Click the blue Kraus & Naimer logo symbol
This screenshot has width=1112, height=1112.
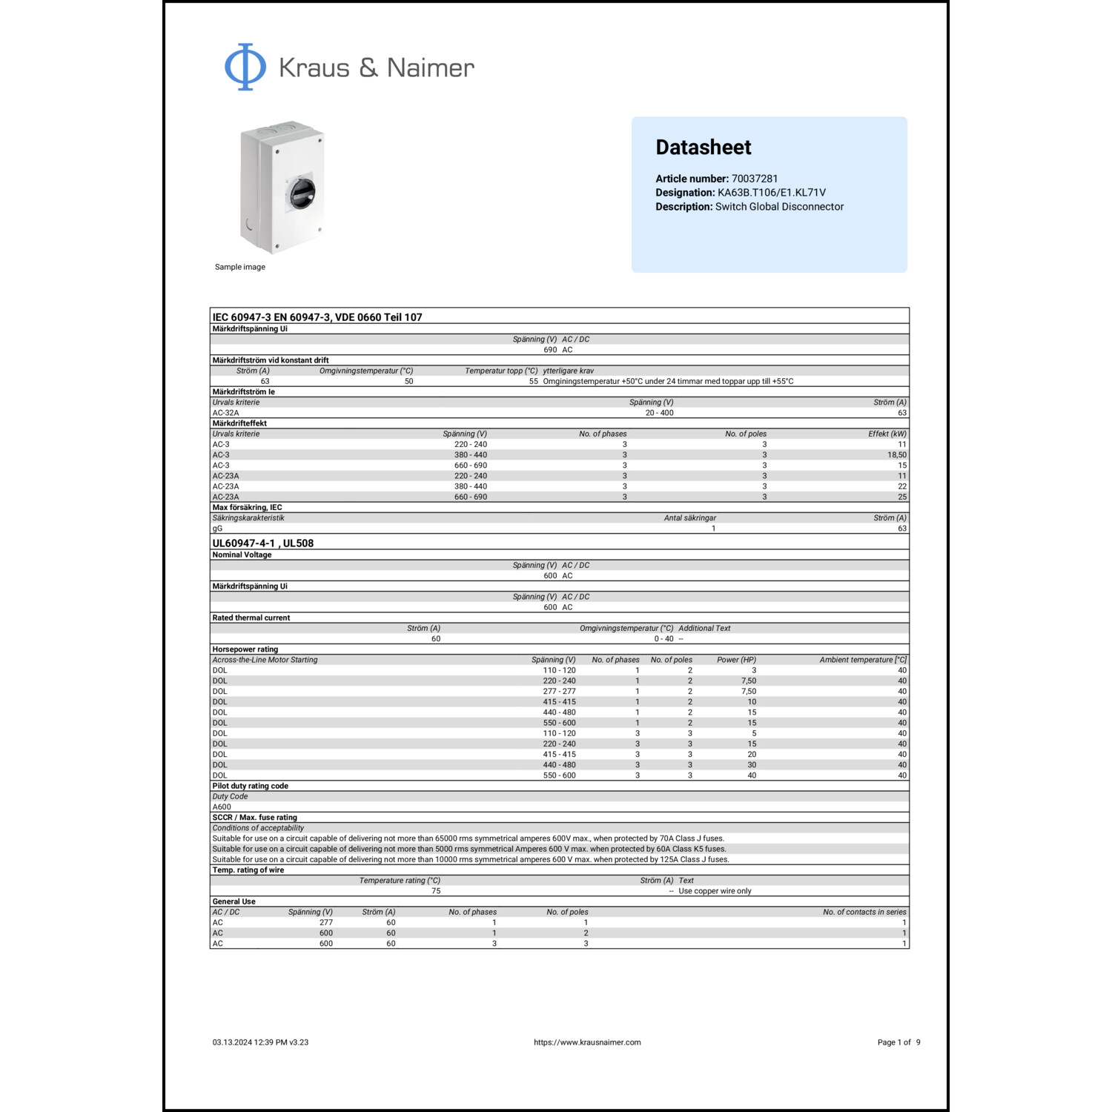point(245,67)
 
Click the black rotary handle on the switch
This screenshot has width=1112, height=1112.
point(302,193)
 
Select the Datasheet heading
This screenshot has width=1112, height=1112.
point(703,148)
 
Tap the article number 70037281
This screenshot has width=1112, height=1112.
point(755,179)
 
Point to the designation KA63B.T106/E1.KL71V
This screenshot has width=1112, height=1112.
point(771,193)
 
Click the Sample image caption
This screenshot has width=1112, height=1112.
point(239,267)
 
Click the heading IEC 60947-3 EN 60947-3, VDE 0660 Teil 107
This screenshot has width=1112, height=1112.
point(317,317)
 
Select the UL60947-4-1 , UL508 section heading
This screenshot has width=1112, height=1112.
point(263,543)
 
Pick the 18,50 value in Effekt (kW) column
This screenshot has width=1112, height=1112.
point(896,455)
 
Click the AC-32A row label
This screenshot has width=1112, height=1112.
point(226,413)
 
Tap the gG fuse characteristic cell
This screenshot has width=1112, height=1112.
point(217,529)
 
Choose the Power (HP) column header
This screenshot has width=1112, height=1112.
point(736,660)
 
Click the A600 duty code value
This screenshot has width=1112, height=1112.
point(222,807)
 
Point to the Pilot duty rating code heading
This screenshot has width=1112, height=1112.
point(251,786)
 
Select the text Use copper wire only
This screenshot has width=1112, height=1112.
point(715,891)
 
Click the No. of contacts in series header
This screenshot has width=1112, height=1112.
point(864,913)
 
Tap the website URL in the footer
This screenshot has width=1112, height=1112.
point(587,1042)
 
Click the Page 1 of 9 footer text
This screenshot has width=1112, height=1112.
point(898,1042)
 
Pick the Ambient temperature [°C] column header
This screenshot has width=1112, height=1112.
point(863,660)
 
